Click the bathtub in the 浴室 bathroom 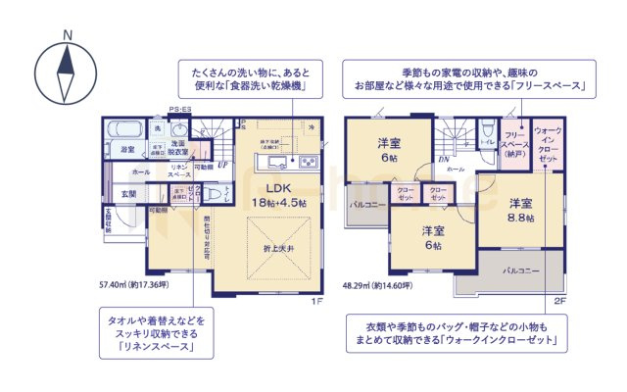pos(125,129)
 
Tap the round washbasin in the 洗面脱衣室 pos(178,130)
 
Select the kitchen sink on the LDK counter pos(277,161)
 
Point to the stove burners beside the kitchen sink pos(306,161)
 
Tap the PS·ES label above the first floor pos(178,109)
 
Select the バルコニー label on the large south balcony pos(520,268)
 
